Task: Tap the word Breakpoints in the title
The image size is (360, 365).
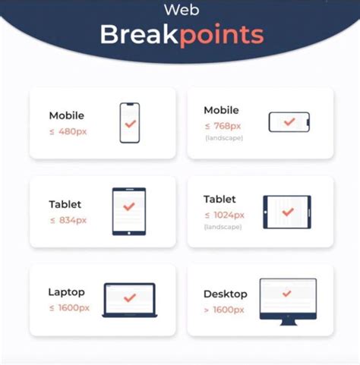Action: [182, 35]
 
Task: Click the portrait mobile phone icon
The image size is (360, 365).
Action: [130, 123]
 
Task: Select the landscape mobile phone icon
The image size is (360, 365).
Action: [289, 121]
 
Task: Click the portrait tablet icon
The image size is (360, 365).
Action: [129, 211]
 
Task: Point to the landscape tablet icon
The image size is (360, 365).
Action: [287, 212]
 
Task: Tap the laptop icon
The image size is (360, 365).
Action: [129, 300]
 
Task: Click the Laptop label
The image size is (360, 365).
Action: [66, 292]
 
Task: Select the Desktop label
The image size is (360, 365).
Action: [226, 294]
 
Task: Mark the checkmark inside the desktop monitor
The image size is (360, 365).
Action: [287, 293]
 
